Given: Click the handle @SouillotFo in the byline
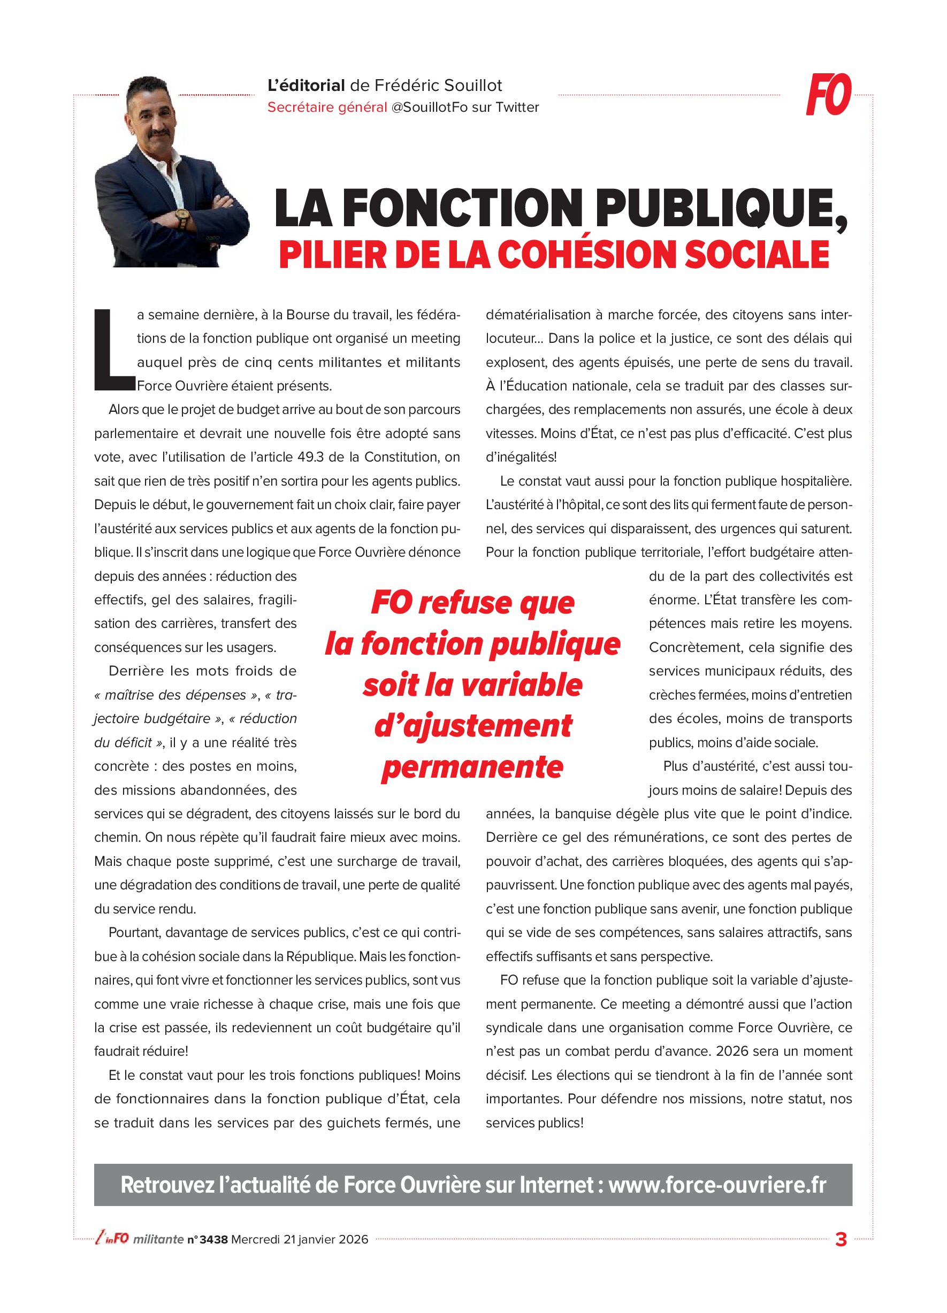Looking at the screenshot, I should pos(429,108).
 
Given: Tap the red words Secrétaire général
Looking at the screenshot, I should pos(327,108).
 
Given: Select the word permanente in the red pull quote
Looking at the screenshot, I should pos(472,767).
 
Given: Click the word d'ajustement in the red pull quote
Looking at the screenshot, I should pos(472,726).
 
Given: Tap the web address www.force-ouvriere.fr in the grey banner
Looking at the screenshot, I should pos(717,1185).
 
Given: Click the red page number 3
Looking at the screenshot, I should pos(841,1240).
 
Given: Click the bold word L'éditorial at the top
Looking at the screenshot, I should pos(306,86).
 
